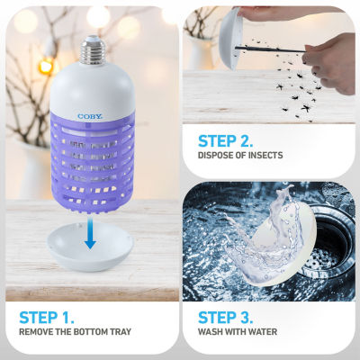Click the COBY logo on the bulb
click(x=90, y=116)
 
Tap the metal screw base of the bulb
click(x=94, y=51)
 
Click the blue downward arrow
click(x=90, y=233)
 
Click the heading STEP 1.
click(x=47, y=318)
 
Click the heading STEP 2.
click(x=225, y=141)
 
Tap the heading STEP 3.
click(x=225, y=318)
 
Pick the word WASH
click(x=209, y=332)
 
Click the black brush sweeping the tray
click(x=270, y=49)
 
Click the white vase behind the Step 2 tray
click(x=200, y=54)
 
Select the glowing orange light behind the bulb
click(x=46, y=66)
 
